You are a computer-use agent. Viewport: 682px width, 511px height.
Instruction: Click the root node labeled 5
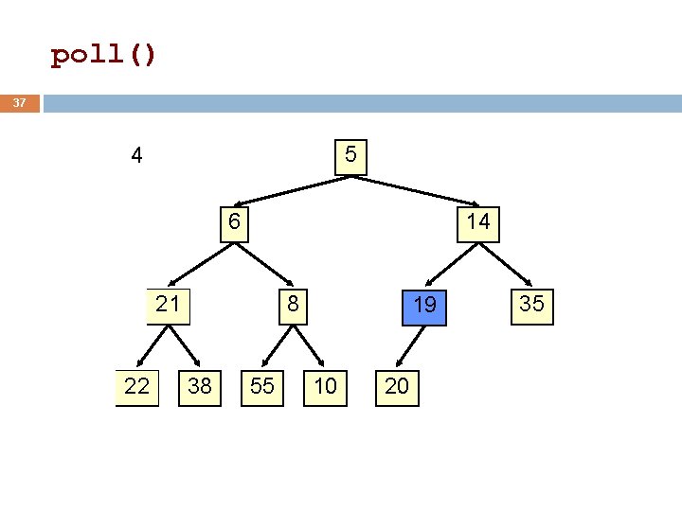(x=350, y=157)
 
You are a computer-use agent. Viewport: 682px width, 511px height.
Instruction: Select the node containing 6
(x=235, y=224)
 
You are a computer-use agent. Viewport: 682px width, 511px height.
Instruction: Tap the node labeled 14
(x=478, y=224)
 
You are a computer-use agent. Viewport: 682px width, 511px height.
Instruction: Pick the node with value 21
(x=169, y=307)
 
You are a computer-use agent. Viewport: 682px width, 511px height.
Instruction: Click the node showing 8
(x=293, y=307)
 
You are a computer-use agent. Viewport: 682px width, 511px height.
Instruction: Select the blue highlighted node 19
(x=424, y=308)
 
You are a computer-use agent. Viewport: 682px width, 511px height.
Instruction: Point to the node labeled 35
(x=532, y=307)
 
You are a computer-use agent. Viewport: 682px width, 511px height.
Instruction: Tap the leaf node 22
(x=137, y=388)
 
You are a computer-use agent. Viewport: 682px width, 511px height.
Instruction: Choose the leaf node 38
(x=200, y=388)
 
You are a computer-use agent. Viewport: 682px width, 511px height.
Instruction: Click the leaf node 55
(x=262, y=388)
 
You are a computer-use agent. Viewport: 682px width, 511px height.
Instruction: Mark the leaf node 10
(x=325, y=388)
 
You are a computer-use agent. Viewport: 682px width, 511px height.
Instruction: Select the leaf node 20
(x=397, y=388)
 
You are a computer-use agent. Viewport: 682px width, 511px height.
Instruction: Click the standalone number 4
(x=136, y=155)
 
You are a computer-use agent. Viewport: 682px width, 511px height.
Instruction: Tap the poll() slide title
(x=103, y=55)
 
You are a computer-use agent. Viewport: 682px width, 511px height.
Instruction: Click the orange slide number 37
(x=20, y=103)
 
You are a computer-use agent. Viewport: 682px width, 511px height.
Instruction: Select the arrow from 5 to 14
(x=415, y=191)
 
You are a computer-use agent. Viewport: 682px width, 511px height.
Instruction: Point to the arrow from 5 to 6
(x=293, y=191)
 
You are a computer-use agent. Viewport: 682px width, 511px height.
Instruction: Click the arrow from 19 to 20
(x=410, y=346)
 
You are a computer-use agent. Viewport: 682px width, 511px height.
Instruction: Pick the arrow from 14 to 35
(x=506, y=265)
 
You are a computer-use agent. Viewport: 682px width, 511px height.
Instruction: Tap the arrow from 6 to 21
(x=201, y=265)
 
